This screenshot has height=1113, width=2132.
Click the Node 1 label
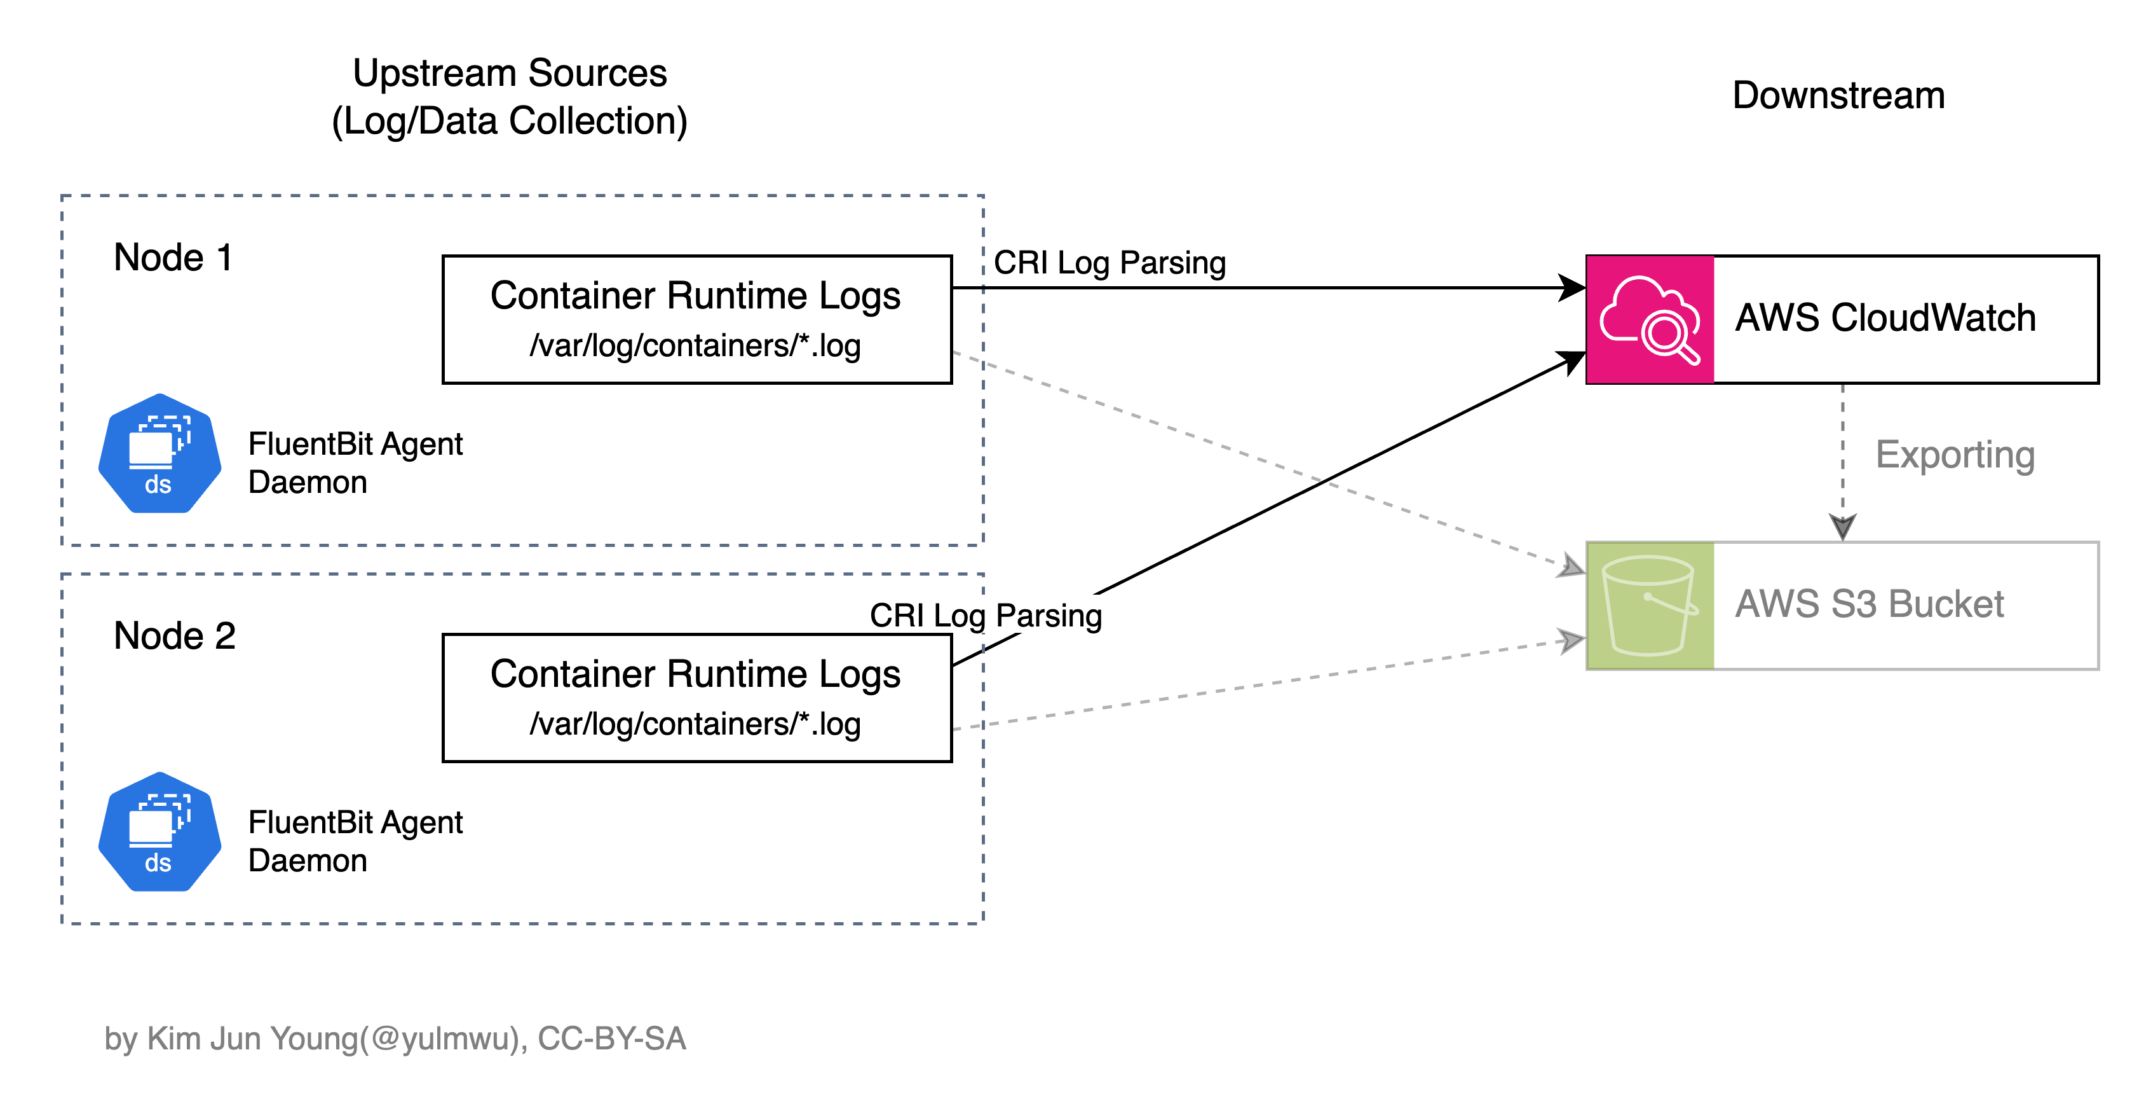pos(173,258)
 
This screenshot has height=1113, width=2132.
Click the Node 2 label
pos(175,636)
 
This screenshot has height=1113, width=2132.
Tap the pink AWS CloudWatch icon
pos(1650,320)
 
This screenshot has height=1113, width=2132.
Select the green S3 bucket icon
pos(1650,605)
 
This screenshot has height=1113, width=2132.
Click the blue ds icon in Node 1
pos(160,454)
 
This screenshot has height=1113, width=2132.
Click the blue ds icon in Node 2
pos(160,833)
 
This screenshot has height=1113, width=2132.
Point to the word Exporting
pos(1955,455)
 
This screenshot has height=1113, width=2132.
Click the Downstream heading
pos(1838,95)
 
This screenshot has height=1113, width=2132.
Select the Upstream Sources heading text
pos(510,73)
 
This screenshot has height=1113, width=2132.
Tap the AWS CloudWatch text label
pos(1885,318)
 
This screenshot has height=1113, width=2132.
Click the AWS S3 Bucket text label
pos(1869,604)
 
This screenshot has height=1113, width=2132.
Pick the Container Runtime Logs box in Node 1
pos(697,320)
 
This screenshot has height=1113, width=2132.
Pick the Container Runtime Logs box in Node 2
pos(697,698)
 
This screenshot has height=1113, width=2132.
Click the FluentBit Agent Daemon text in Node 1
pos(355,463)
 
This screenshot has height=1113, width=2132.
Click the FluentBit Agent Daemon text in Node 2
pos(355,841)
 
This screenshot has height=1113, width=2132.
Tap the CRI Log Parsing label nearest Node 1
pos(1109,263)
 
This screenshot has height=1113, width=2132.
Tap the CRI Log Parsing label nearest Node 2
pos(986,615)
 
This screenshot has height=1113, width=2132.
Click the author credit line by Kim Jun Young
pos(395,1039)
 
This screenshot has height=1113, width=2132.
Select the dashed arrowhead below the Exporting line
pos(1842,527)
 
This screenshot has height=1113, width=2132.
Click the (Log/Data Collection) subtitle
pos(510,121)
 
